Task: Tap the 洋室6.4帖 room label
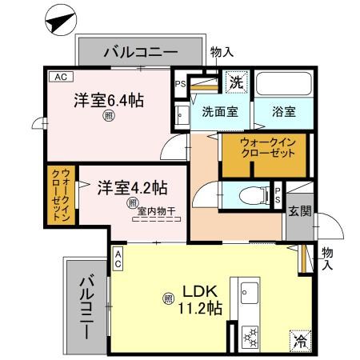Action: (x=109, y=102)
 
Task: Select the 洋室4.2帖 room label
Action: (x=132, y=188)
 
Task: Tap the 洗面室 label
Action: (x=218, y=113)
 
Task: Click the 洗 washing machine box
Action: (x=236, y=80)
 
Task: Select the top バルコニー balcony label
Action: (x=141, y=54)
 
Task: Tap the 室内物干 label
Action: (x=156, y=211)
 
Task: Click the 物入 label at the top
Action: (x=222, y=52)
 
